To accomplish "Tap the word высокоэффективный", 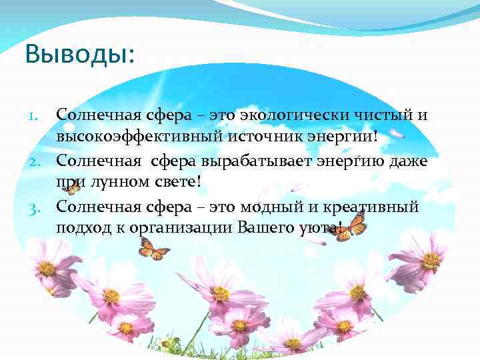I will click(134, 137).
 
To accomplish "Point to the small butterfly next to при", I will click(71, 187).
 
